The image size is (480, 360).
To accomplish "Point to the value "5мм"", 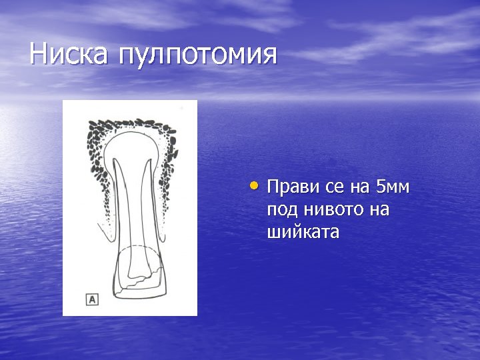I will tap(394, 187).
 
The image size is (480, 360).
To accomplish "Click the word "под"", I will tap(281, 211).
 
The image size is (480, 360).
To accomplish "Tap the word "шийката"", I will tap(303, 233).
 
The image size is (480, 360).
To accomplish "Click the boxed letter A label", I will tap(92, 299).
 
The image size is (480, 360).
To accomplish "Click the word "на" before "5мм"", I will tap(362, 188).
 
